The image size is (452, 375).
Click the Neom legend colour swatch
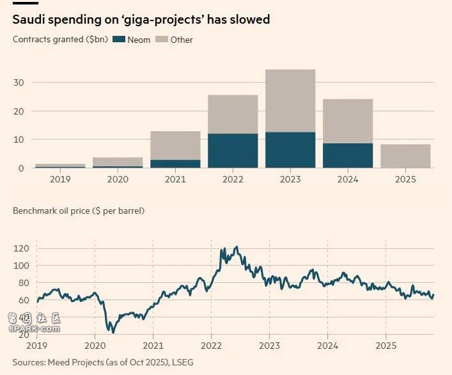point(119,40)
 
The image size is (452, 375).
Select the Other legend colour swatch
point(162,40)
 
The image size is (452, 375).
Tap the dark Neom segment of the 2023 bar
point(290,150)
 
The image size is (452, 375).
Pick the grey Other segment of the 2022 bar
point(233,115)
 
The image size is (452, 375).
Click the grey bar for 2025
point(405,156)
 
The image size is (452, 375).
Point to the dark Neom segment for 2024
point(348,156)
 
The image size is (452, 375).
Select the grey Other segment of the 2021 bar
point(175,145)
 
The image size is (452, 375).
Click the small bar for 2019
point(60,166)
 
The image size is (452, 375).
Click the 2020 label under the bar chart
point(118,179)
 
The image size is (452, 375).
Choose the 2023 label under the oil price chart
point(269,346)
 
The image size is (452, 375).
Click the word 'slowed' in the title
point(251,20)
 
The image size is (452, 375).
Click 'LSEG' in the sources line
point(182,363)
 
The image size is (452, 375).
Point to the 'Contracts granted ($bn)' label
point(59,40)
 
